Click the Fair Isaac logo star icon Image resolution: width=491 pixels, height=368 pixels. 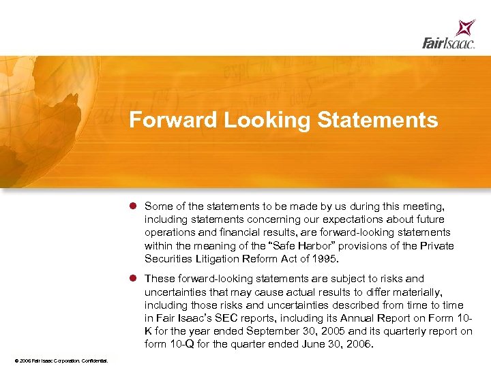466,28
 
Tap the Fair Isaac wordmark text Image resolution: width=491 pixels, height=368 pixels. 448,44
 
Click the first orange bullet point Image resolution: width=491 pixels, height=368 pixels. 135,206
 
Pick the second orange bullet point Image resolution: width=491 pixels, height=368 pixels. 135,279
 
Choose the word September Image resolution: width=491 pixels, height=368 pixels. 265,331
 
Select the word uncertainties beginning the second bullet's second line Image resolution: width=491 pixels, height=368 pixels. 175,292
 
